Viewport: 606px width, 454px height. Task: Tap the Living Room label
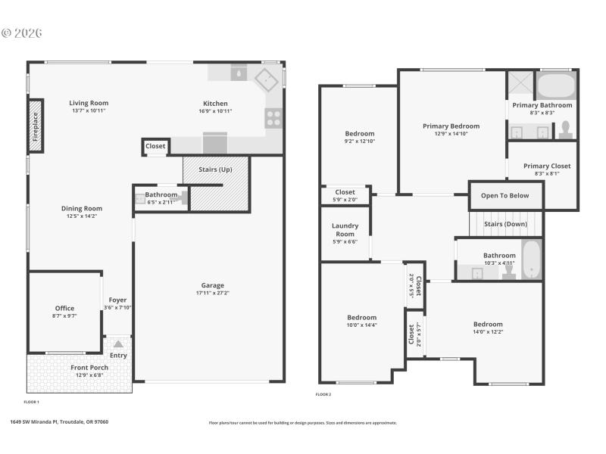(x=89, y=104)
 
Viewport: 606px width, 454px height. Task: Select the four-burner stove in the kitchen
(x=273, y=117)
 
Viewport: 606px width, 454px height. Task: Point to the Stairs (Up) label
(x=215, y=169)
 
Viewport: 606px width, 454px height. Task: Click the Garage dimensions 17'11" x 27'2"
(x=213, y=293)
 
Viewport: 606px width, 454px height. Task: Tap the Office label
(x=64, y=308)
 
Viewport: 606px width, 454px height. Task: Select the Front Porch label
(x=89, y=368)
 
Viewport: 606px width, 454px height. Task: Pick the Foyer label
(x=117, y=300)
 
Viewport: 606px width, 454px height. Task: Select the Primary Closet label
(x=546, y=166)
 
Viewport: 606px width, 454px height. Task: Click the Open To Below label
(x=504, y=195)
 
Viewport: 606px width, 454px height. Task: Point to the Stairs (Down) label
(x=505, y=224)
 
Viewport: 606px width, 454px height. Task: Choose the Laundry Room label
(x=345, y=229)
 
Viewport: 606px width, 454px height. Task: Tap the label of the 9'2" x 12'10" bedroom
(x=360, y=134)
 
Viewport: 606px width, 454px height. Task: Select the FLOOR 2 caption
(x=323, y=394)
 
